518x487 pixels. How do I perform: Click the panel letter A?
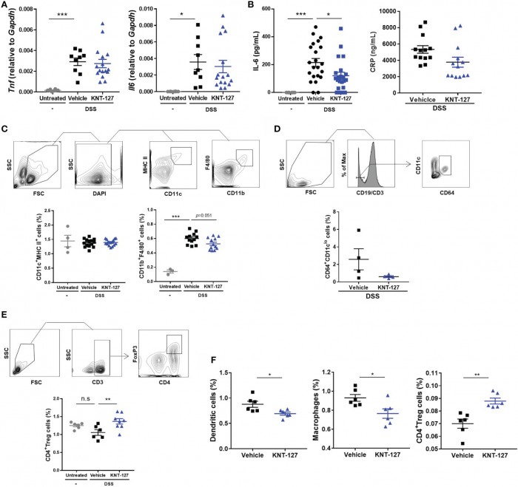(x=5, y=6)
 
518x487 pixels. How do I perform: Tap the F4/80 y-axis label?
(x=199, y=167)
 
